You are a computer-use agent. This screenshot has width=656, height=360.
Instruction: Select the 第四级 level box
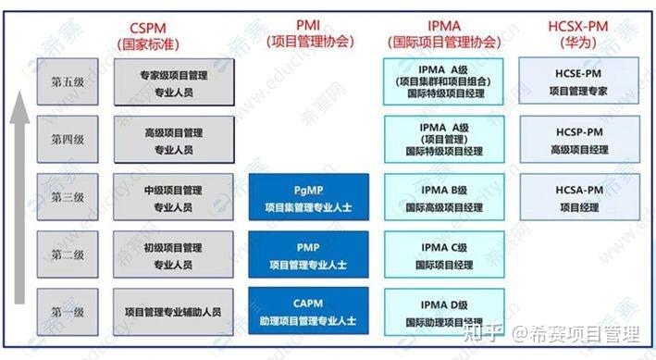pos(68,140)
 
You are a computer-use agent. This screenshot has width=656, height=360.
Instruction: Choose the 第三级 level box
pos(68,197)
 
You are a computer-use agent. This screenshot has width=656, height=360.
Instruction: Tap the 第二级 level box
pos(68,254)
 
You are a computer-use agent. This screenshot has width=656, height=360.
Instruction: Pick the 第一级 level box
pos(68,312)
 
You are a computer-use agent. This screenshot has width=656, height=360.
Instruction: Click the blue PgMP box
pos(308,197)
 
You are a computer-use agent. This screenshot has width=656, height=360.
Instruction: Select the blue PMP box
pos(308,254)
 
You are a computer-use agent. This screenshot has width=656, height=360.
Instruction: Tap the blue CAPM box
pos(308,312)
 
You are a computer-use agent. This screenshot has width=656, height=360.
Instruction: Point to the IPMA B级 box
pos(443,197)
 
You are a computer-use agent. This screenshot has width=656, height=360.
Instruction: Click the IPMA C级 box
pos(443,254)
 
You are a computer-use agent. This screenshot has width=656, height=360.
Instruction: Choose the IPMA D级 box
pos(443,312)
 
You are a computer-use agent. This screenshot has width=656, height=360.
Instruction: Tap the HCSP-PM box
pos(578,140)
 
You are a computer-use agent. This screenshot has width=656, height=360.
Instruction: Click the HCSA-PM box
pos(578,197)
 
